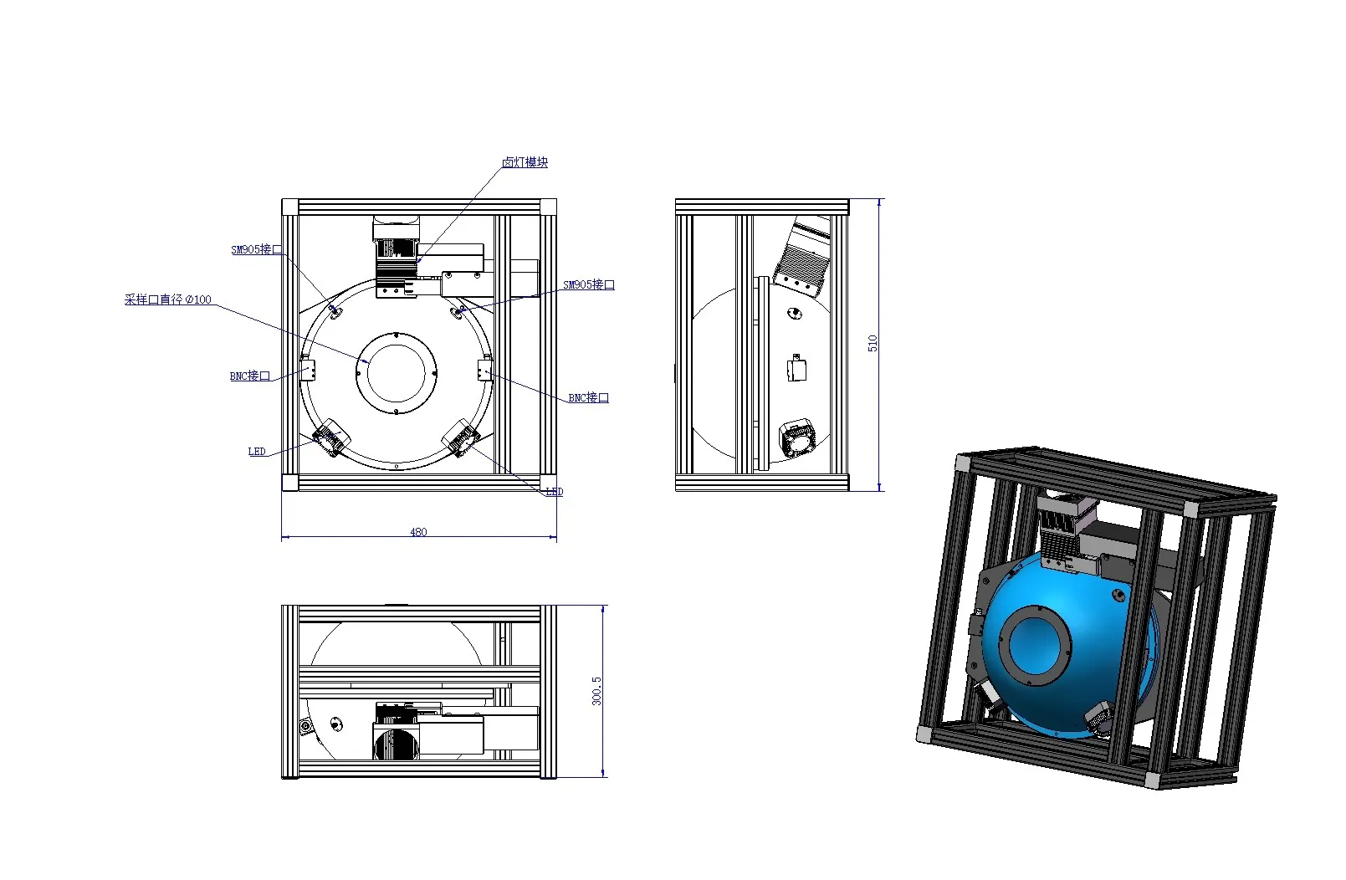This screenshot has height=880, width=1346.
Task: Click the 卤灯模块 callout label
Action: tap(525, 162)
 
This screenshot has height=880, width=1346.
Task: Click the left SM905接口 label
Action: tap(256, 249)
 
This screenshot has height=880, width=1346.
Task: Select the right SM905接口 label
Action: tap(588, 285)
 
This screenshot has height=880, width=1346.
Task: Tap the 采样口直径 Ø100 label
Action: tap(167, 299)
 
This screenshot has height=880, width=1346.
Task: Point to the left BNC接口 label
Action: tap(250, 376)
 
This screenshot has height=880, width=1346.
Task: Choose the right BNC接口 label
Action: tap(588, 398)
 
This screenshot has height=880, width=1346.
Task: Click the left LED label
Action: tap(257, 452)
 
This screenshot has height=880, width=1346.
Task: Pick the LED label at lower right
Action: tap(554, 492)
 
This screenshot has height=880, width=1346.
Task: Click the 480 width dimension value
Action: tap(418, 532)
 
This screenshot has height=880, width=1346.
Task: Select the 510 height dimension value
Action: tap(873, 343)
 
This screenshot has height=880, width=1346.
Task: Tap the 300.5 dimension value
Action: tap(596, 691)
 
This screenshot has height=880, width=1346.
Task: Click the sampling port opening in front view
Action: tap(397, 373)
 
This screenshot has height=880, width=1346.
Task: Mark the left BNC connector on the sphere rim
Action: tap(307, 369)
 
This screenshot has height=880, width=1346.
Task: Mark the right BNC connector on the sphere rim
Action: tap(484, 369)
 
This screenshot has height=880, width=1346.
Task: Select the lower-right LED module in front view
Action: tap(461, 438)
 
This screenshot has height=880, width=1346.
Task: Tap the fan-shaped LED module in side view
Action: tap(798, 439)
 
